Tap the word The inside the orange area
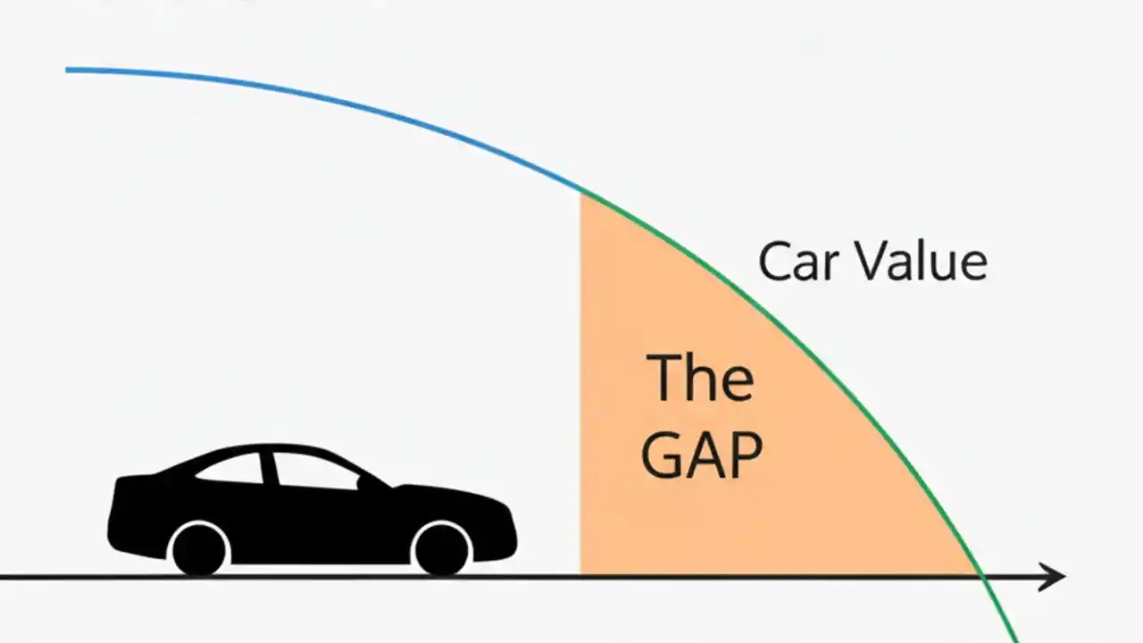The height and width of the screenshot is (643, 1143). tap(700, 378)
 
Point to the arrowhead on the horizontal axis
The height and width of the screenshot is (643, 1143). tap(1054, 577)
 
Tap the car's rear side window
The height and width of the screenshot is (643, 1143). tap(234, 469)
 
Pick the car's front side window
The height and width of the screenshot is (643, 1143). tap(313, 472)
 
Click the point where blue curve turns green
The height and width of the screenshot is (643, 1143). tap(581, 190)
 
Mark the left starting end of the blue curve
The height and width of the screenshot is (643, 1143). tap(68, 70)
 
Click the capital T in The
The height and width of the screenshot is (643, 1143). tap(665, 378)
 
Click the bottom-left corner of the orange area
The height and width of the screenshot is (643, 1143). tap(582, 572)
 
